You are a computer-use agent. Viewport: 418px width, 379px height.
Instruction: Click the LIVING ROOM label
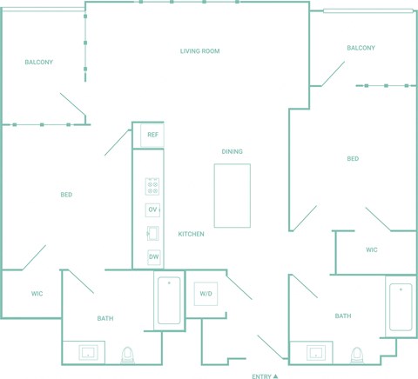(199, 51)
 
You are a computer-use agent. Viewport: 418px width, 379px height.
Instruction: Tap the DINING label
(232, 151)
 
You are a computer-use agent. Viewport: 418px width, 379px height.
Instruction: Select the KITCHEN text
(191, 234)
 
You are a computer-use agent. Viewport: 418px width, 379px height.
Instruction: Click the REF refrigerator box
(152, 135)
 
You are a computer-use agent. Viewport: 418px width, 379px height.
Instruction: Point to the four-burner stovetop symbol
(152, 187)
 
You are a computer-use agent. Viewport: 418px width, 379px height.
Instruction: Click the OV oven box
(152, 209)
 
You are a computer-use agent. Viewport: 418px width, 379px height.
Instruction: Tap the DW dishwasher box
(154, 257)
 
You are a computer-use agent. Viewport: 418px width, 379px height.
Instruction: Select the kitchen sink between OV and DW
(152, 233)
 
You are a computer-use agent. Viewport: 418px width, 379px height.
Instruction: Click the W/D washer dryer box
(206, 294)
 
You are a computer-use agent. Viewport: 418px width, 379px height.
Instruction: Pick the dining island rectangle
(233, 196)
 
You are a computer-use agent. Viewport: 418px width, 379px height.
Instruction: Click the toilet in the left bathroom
(128, 355)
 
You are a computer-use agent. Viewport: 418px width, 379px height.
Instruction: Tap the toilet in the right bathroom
(357, 355)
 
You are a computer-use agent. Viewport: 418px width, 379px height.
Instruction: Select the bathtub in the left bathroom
(169, 301)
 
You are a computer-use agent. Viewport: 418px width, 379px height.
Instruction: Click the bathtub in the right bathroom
(401, 307)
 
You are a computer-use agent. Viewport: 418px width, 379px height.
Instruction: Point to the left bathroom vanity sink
(88, 353)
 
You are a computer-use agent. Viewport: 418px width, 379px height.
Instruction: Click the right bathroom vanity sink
(316, 353)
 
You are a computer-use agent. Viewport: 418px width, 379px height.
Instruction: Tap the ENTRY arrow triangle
(275, 376)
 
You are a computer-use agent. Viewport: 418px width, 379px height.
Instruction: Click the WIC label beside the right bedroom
(372, 249)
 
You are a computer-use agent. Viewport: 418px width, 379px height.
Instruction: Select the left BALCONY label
(38, 62)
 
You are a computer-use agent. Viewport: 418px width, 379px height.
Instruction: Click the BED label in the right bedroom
(353, 159)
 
